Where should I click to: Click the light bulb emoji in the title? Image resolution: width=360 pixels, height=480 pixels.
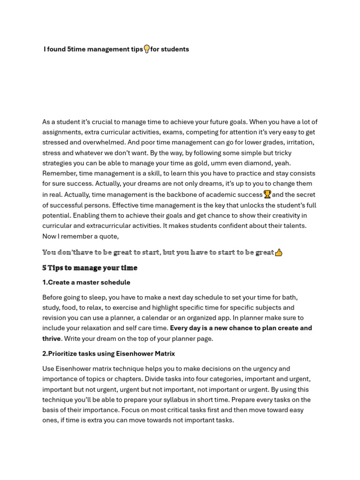[147, 49]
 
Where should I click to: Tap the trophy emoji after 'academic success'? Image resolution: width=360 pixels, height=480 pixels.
[267, 194]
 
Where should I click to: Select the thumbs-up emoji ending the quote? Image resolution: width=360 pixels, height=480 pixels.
[279, 252]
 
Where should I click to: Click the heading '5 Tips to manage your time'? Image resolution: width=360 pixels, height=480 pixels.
[90, 268]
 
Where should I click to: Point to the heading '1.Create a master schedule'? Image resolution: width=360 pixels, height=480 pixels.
[86, 282]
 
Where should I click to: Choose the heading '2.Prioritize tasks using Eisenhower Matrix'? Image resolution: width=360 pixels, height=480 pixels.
[108, 353]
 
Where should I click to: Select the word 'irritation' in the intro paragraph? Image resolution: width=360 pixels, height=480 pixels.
[297, 142]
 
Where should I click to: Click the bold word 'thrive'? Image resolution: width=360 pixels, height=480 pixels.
[52, 338]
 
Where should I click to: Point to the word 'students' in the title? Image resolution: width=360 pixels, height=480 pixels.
[175, 49]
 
